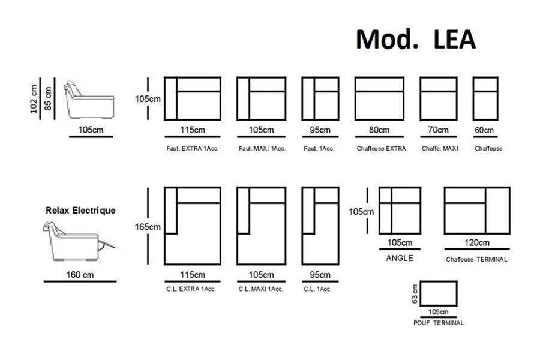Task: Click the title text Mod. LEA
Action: (416, 39)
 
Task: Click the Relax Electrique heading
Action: (80, 211)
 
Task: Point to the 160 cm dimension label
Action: (80, 275)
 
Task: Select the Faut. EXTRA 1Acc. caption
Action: (192, 148)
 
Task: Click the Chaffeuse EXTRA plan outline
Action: (379, 98)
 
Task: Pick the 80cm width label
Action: (379, 130)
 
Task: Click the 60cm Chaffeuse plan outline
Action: (485, 98)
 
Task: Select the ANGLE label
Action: (399, 259)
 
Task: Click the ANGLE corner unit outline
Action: (400, 211)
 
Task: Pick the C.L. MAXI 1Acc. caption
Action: (260, 289)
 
